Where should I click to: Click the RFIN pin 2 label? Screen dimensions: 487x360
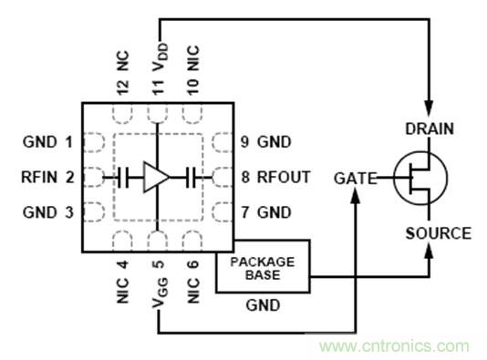(x=47, y=177)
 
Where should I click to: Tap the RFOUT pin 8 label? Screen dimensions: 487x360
(x=275, y=177)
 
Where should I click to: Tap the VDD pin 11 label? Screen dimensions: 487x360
(x=160, y=69)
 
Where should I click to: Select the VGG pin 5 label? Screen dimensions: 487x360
(x=160, y=283)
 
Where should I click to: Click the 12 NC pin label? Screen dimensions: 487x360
(x=123, y=73)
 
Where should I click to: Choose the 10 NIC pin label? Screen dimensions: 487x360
(x=192, y=70)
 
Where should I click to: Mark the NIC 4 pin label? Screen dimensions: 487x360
(x=123, y=282)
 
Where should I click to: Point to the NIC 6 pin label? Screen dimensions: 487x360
(x=192, y=282)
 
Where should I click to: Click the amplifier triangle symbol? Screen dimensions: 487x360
(x=155, y=177)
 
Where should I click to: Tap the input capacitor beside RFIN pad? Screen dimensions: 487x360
(x=123, y=177)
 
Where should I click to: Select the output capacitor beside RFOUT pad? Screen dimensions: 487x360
(x=191, y=177)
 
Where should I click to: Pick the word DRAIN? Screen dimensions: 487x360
(x=430, y=129)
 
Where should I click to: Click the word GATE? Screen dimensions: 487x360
(x=356, y=179)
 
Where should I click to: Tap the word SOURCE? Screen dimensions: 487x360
(x=439, y=233)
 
